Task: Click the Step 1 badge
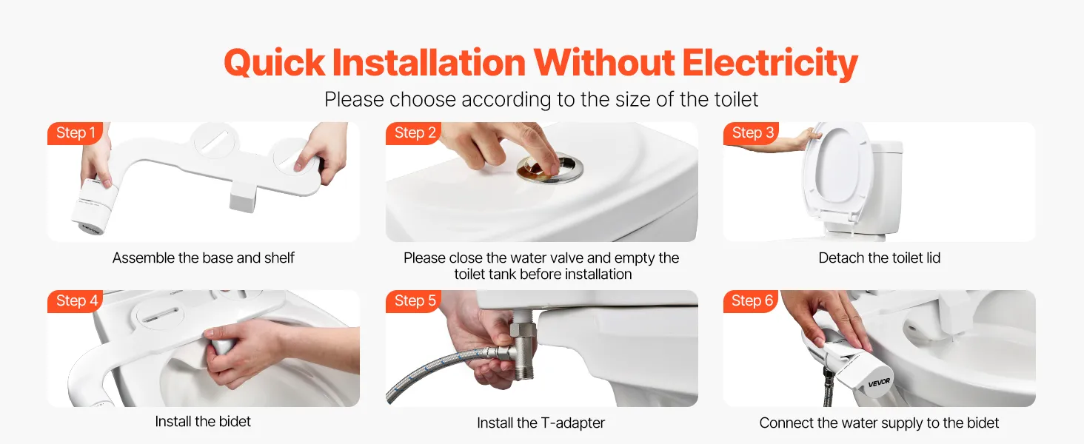(75, 133)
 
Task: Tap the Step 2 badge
(414, 133)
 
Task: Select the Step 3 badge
(752, 133)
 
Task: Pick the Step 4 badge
(76, 301)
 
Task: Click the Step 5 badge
(414, 301)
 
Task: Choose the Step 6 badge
(752, 301)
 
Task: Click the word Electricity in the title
(770, 64)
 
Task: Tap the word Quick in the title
(275, 64)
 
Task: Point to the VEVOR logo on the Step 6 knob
(879, 383)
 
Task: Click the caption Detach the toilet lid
(880, 258)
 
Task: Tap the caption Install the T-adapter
(541, 423)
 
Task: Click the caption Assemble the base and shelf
(203, 258)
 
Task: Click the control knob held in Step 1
(94, 206)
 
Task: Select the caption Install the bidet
(203, 421)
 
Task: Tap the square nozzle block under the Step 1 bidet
(242, 195)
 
